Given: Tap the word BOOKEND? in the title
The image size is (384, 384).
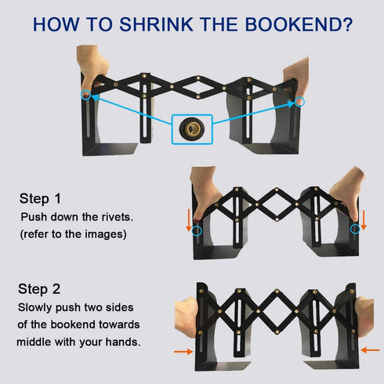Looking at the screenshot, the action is coord(299,24).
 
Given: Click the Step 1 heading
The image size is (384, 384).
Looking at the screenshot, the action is coord(40,198).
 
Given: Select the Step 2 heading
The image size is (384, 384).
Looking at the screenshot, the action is coord(39,289).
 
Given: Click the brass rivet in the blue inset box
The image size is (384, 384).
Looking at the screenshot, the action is coord(192,129).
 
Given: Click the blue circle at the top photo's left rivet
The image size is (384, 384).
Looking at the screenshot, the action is coord(86,95).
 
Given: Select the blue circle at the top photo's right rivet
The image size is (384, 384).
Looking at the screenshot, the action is coord(299,102).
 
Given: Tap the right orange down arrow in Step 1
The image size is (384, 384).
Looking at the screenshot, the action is coord(364,220).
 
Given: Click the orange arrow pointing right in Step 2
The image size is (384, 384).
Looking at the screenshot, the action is coord(183,352).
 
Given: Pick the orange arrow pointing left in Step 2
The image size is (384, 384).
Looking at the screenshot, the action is coord(370,350).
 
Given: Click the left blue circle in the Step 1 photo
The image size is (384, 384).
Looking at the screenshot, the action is coord(197,231).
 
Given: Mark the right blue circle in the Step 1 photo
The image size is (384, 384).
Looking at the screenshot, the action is coord(355,229).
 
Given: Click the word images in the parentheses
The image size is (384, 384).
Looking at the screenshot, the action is coord(110,234).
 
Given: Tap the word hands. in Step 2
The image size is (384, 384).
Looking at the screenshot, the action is coord(123,342).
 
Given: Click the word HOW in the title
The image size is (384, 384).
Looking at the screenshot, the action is coord(56,24).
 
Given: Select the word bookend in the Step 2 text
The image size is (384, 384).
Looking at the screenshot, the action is coord(71,324).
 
